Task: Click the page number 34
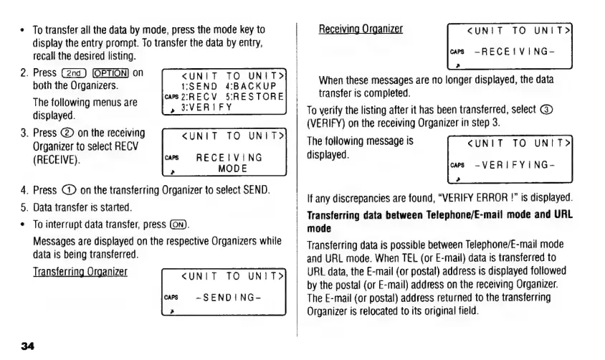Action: (x=27, y=346)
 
